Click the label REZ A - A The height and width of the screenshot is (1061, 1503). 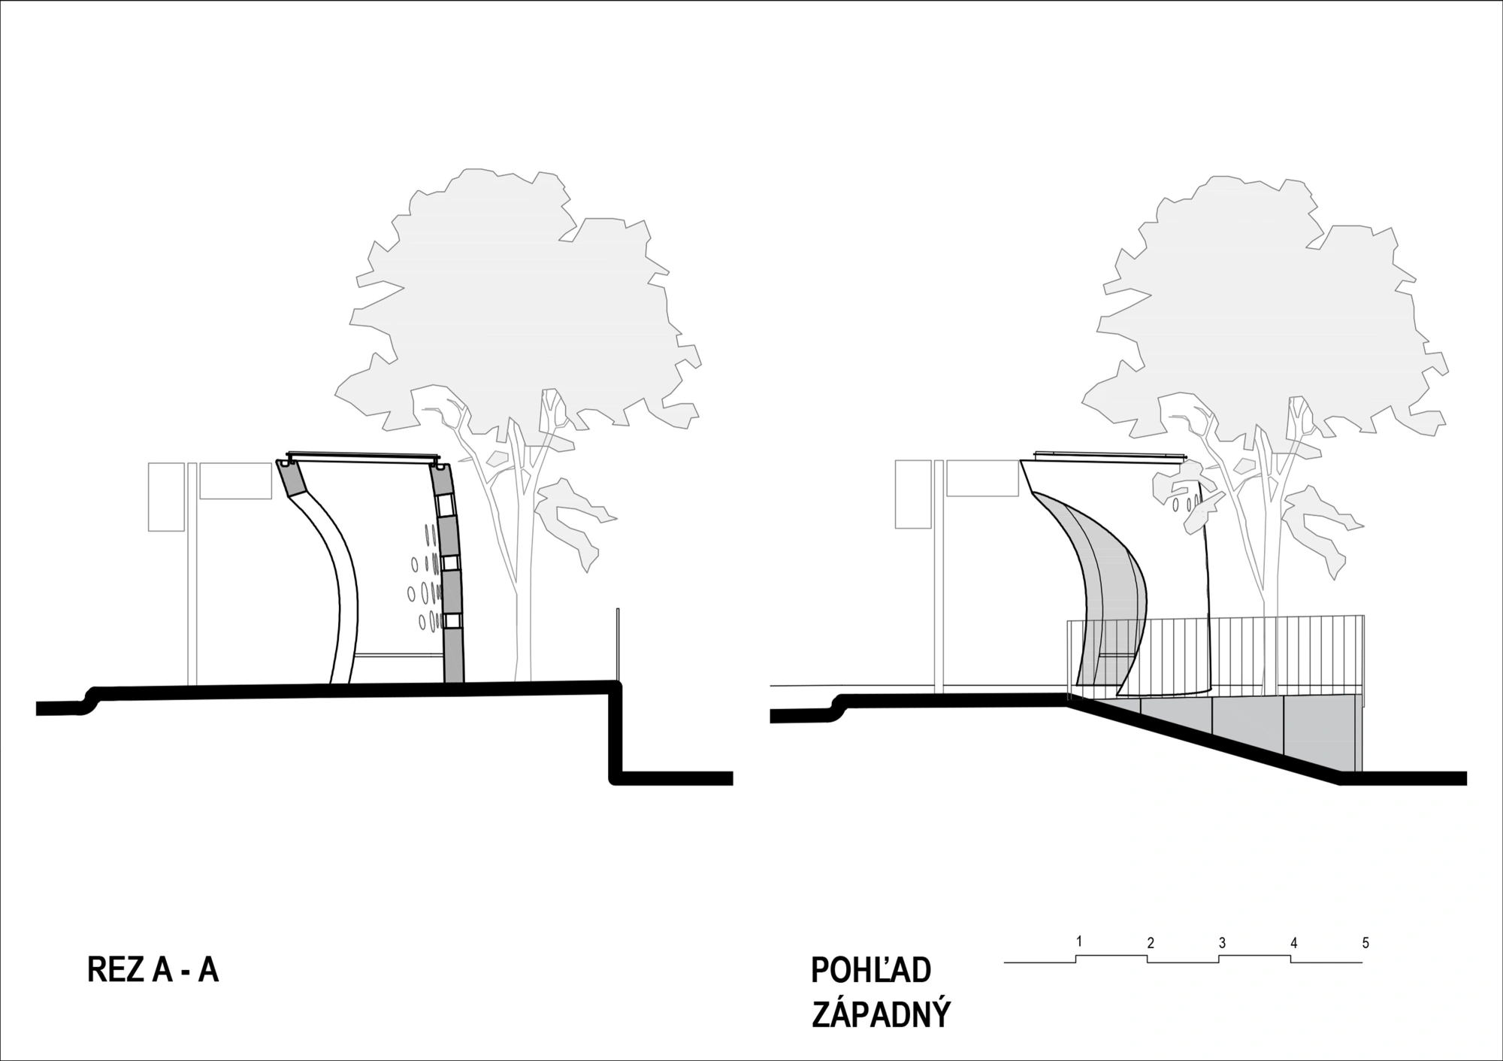click(153, 970)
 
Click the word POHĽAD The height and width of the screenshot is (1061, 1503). click(871, 971)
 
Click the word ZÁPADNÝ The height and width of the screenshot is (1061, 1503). click(881, 1014)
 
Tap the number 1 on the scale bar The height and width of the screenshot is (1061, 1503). click(1079, 941)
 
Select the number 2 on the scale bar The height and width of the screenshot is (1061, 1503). click(1151, 943)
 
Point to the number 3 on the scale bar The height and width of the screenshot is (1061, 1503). click(1223, 943)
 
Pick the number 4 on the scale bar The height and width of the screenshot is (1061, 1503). click(1294, 943)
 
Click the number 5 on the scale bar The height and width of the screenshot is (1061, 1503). click(1365, 943)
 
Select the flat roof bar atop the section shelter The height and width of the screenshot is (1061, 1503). click(363, 456)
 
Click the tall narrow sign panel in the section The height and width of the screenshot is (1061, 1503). click(166, 497)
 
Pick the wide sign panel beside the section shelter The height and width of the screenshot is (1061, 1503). click(235, 480)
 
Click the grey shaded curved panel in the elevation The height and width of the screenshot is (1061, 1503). click(1105, 594)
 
